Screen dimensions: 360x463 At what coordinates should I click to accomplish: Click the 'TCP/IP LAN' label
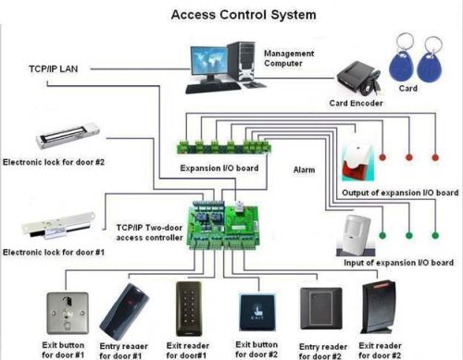pos(54,69)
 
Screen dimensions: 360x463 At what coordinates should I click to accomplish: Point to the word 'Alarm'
pos(305,169)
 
